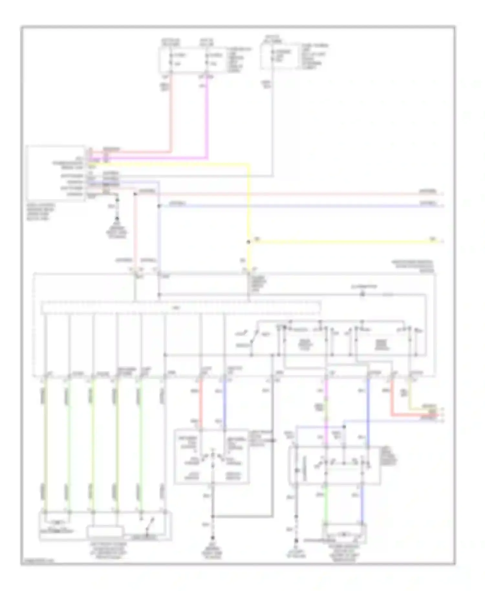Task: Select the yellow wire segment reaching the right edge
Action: pos(339,241)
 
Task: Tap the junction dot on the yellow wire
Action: pos(249,242)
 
